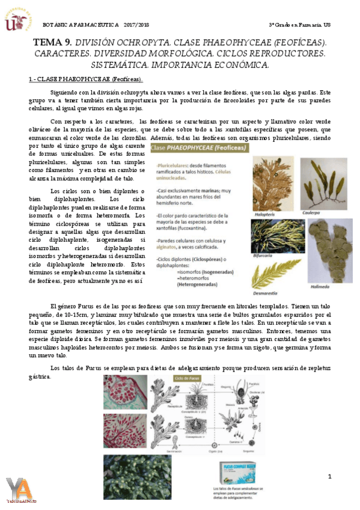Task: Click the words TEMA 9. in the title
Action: [52, 42]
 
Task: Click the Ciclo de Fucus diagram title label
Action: [186, 378]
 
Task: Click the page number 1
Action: [329, 477]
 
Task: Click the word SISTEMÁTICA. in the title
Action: [119, 64]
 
